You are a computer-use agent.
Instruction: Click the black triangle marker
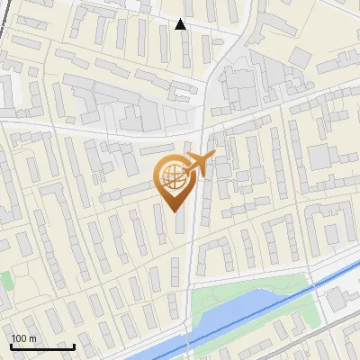click(x=181, y=24)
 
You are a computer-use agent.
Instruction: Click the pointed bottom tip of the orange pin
click(x=173, y=211)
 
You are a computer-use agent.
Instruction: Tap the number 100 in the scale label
click(x=19, y=338)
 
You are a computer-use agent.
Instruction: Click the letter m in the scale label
click(x=32, y=338)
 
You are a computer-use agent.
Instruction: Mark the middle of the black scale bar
click(x=42, y=346)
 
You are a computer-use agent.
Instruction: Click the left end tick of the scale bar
click(x=11, y=346)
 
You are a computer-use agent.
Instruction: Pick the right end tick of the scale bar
click(x=74, y=346)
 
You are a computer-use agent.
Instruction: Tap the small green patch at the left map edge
click(x=6, y=281)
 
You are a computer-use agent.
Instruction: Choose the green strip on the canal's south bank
click(x=270, y=315)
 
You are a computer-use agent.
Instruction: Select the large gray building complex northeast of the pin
click(x=238, y=85)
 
